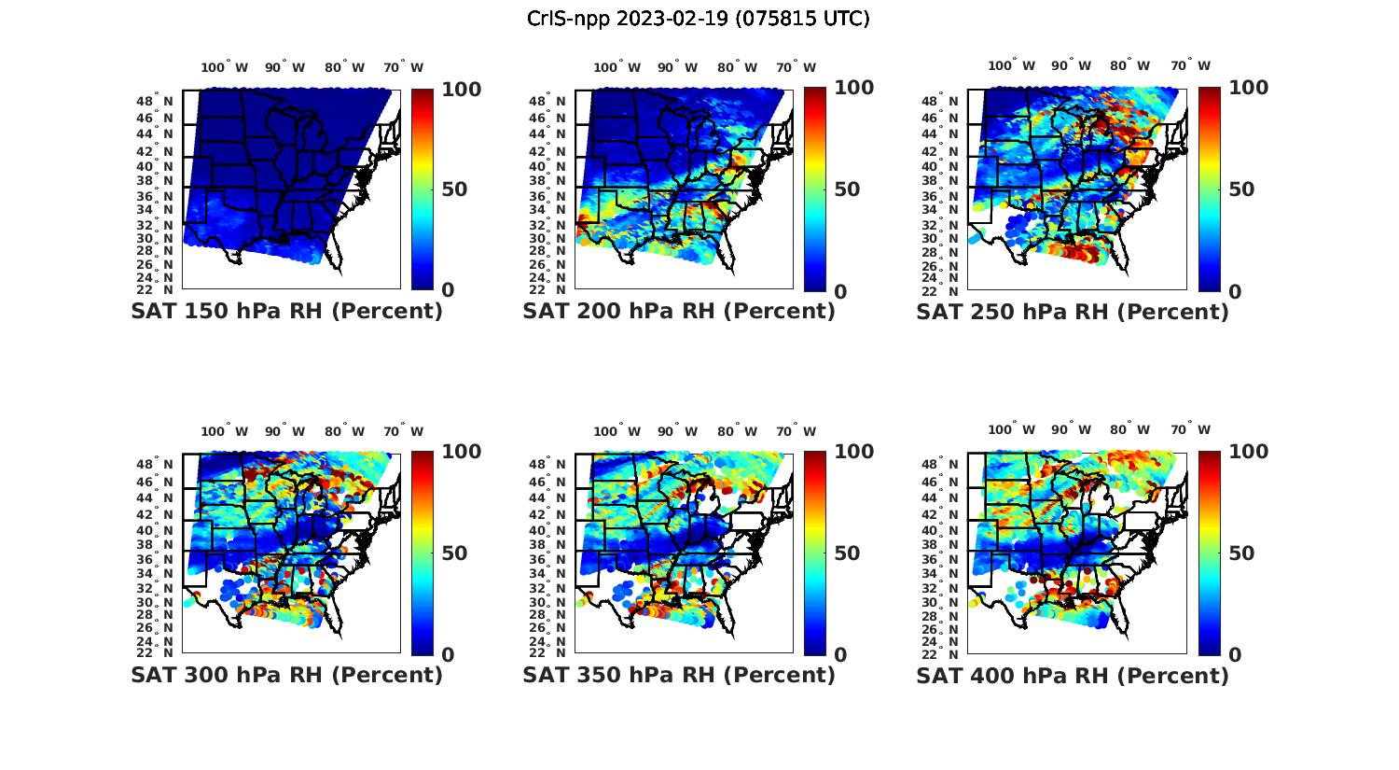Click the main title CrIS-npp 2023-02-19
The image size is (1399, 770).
(x=698, y=19)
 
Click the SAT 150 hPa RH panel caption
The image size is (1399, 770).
(x=286, y=312)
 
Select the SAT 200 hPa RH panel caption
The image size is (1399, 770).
(x=679, y=312)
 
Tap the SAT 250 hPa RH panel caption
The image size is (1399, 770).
(x=1073, y=312)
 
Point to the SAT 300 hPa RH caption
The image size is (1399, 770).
(x=286, y=675)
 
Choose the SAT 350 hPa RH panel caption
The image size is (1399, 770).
(x=679, y=675)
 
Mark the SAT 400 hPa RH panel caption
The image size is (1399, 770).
(x=1073, y=675)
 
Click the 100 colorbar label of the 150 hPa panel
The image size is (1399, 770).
(x=461, y=90)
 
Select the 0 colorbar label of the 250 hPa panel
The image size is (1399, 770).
(x=1234, y=291)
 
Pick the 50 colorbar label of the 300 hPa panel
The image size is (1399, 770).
(x=454, y=553)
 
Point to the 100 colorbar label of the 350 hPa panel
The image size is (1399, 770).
(x=854, y=452)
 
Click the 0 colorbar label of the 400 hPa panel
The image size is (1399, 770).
(x=1234, y=654)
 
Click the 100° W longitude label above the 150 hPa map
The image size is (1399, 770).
(x=225, y=67)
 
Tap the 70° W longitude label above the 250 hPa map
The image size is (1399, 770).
(x=1191, y=65)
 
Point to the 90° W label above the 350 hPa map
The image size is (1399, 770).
(x=677, y=431)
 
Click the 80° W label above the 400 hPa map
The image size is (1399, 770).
(x=1129, y=429)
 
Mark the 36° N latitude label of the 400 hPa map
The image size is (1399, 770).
(x=947, y=560)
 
